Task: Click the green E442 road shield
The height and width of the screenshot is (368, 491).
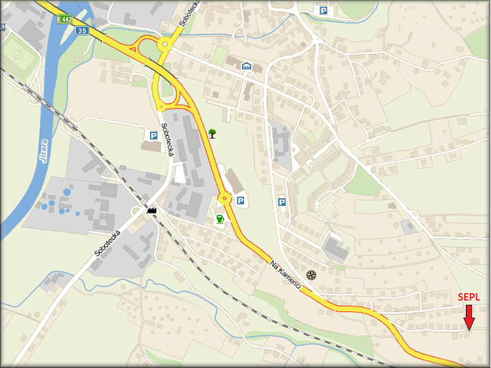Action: pyautogui.click(x=64, y=20)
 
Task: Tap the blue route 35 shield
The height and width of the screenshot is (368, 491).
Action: pyautogui.click(x=83, y=31)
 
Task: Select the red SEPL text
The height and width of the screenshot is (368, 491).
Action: pyautogui.click(x=469, y=297)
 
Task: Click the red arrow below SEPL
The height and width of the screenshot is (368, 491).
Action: pyautogui.click(x=469, y=317)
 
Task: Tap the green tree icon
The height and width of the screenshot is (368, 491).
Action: pyautogui.click(x=212, y=132)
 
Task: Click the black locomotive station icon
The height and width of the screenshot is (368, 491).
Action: pyautogui.click(x=152, y=210)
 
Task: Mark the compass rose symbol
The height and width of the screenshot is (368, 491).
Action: pyautogui.click(x=311, y=274)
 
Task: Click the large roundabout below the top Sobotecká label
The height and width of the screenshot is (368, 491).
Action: pyautogui.click(x=164, y=44)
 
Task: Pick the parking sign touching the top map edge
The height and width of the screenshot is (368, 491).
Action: pyautogui.click(x=322, y=9)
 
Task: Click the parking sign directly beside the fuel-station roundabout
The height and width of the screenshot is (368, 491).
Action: pyautogui.click(x=241, y=200)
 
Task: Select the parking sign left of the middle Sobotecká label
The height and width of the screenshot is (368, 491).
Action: pyautogui.click(x=151, y=135)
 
